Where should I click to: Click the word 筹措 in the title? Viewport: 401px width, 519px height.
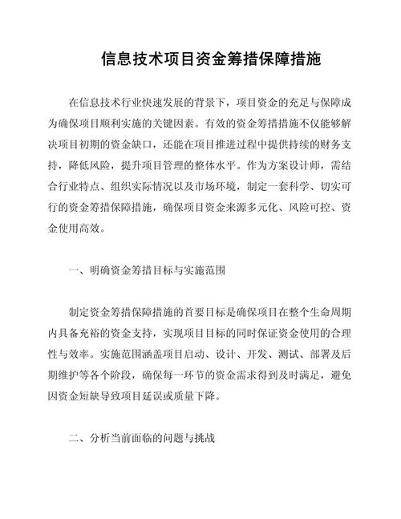pos(240,61)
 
